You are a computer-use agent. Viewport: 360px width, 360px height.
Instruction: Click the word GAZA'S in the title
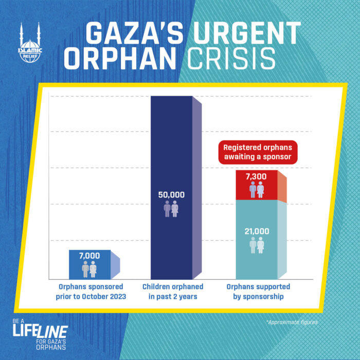click(133, 34)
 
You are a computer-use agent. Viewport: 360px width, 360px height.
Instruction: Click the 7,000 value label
click(89, 256)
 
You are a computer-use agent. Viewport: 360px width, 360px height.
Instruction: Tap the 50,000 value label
click(171, 195)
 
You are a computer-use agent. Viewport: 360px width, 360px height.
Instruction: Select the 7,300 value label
click(257, 177)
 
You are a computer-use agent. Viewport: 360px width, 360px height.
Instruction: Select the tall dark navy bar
click(171, 154)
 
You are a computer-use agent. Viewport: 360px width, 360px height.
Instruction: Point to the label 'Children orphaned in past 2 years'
click(173, 292)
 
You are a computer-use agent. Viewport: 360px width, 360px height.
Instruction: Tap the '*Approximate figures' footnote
click(292, 322)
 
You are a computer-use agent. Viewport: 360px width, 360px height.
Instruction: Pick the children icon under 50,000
click(171, 209)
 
